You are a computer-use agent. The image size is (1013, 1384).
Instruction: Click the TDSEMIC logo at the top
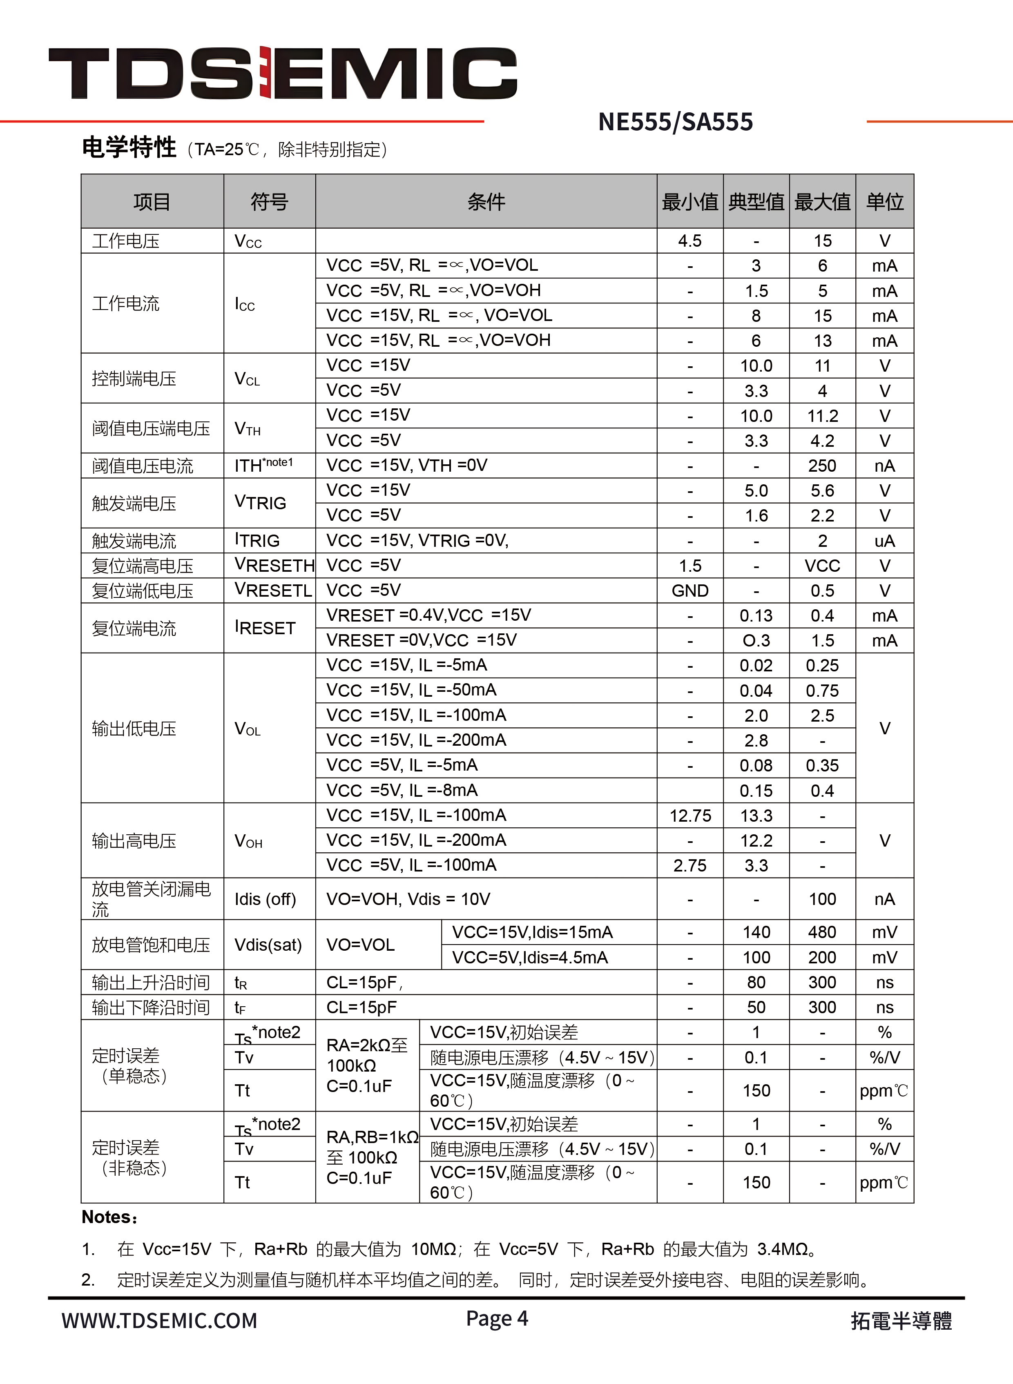[x=283, y=73]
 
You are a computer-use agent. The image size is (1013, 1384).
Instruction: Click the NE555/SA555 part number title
[x=675, y=122]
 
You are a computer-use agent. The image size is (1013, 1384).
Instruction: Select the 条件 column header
[x=486, y=202]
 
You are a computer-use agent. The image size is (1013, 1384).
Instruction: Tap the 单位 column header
[x=884, y=202]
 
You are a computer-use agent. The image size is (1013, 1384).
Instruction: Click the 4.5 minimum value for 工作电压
[x=690, y=241]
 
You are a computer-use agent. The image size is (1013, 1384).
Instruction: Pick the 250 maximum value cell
[x=822, y=466]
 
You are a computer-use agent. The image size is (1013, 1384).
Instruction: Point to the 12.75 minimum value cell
[x=690, y=816]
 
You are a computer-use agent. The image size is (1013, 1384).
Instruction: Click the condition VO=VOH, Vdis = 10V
[x=408, y=899]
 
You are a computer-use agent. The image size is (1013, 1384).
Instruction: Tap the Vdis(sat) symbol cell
[x=268, y=945]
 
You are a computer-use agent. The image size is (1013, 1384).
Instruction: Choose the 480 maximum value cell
[x=822, y=932]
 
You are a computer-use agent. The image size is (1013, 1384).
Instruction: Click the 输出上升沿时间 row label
[x=151, y=983]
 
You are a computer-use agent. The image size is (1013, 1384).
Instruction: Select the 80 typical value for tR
[x=756, y=983]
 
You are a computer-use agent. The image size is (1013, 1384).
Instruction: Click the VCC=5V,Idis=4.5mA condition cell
[x=530, y=957]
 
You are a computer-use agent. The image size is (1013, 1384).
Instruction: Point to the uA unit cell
[x=884, y=541]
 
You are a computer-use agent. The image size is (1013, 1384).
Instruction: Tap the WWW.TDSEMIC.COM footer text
[x=159, y=1320]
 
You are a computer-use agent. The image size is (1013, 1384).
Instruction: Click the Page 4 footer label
[x=497, y=1318]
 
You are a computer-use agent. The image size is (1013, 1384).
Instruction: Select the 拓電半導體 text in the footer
[x=901, y=1321]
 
